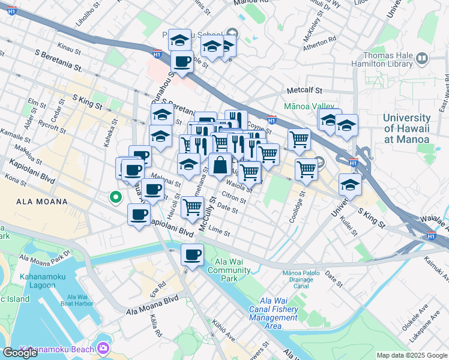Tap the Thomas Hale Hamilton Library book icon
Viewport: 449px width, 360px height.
(x=422, y=59)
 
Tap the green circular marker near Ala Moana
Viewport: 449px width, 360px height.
(x=113, y=196)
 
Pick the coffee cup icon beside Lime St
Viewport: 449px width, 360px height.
(x=139, y=215)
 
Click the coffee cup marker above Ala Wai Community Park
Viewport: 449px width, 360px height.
(x=192, y=255)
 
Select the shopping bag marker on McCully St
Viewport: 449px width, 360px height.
(x=220, y=164)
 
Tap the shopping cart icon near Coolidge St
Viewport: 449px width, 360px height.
(x=306, y=170)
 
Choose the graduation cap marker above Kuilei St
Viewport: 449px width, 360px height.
(x=350, y=185)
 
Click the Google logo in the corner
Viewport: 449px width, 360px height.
(x=20, y=353)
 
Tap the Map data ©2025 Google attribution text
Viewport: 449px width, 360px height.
(x=411, y=355)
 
